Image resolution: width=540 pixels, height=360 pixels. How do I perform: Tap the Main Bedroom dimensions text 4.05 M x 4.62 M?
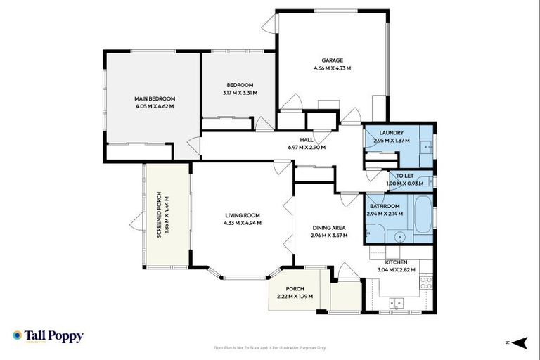coord(155,106)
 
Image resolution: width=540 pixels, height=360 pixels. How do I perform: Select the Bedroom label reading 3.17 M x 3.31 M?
coord(240,93)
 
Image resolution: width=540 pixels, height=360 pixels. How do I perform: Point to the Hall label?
coord(306,140)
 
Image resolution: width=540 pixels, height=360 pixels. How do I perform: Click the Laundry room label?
coord(391,133)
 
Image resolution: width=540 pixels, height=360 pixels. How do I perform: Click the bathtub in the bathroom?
coord(423,214)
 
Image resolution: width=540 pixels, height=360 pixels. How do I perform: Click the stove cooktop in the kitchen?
coord(425,283)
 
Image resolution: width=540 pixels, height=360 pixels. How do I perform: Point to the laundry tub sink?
coord(425,147)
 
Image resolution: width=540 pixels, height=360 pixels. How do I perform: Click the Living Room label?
coord(243,215)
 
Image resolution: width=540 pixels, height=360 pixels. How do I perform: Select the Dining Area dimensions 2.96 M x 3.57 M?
coord(329,235)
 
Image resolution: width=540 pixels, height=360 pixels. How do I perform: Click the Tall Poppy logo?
coord(48,336)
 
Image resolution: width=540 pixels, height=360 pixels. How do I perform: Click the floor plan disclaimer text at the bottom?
coord(269,347)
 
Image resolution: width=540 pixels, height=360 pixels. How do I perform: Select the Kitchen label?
coord(396,262)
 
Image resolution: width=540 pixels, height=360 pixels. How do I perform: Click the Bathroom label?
coord(385,206)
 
